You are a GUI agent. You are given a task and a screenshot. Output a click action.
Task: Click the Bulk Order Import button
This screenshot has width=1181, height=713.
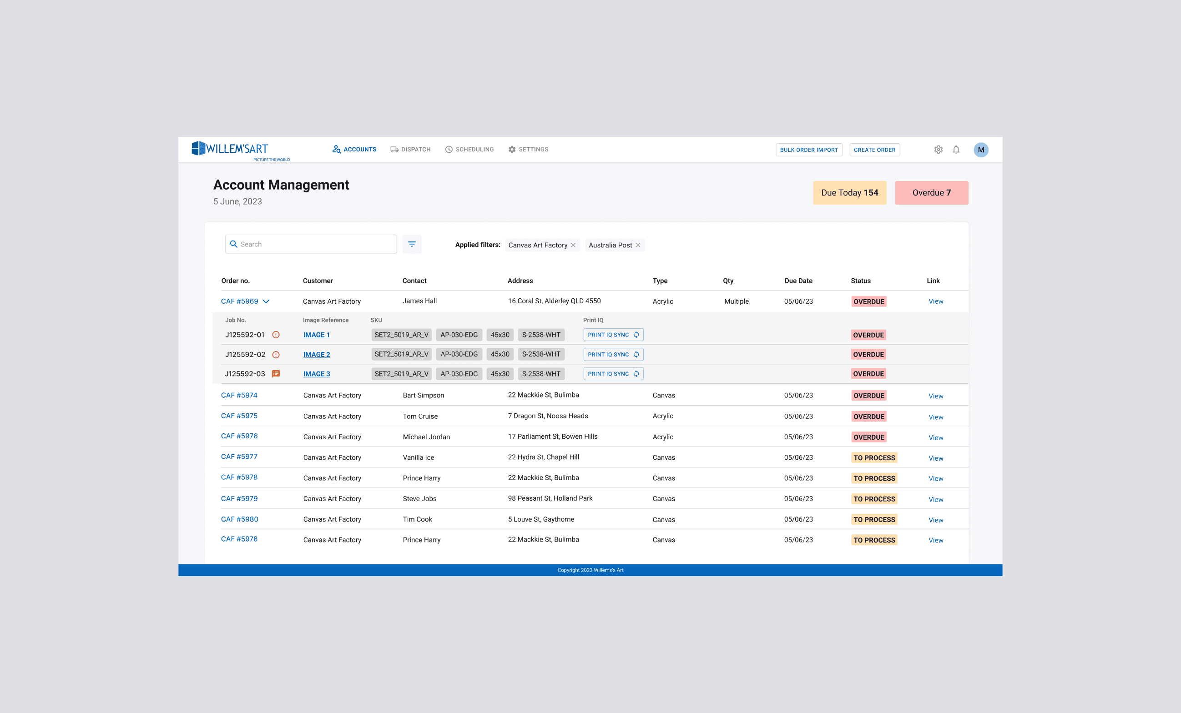click(x=808, y=150)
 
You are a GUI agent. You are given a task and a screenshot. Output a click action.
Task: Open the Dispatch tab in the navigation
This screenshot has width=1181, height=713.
click(x=410, y=150)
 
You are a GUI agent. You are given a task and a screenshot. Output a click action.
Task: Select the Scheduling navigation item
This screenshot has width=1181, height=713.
click(x=469, y=150)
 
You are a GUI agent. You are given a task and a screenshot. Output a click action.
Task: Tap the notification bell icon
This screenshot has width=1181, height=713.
click(x=956, y=150)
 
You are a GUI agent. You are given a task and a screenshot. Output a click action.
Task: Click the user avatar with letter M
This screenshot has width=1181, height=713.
click(x=981, y=150)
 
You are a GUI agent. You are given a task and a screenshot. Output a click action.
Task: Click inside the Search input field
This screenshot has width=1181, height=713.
click(x=311, y=244)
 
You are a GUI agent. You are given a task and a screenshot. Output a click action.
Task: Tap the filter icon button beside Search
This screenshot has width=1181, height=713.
click(x=412, y=244)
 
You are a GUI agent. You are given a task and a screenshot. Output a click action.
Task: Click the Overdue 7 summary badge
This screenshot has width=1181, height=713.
click(x=931, y=193)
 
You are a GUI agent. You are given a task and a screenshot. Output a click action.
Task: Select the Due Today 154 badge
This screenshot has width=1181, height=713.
click(x=849, y=193)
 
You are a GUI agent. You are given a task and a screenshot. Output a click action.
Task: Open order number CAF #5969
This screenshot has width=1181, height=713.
click(x=239, y=301)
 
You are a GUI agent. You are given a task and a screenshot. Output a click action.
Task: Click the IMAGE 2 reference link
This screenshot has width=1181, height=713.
click(x=316, y=355)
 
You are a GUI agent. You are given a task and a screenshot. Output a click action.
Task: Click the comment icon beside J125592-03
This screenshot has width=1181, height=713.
click(x=276, y=374)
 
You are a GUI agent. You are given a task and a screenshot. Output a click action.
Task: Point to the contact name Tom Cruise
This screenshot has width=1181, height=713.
click(x=420, y=417)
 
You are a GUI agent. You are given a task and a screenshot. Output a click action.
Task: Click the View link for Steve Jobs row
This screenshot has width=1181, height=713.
click(x=936, y=499)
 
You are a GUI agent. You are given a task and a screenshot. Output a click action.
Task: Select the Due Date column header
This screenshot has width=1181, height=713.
click(x=798, y=281)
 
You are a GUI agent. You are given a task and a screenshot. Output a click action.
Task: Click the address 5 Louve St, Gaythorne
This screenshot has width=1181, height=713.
click(x=540, y=519)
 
